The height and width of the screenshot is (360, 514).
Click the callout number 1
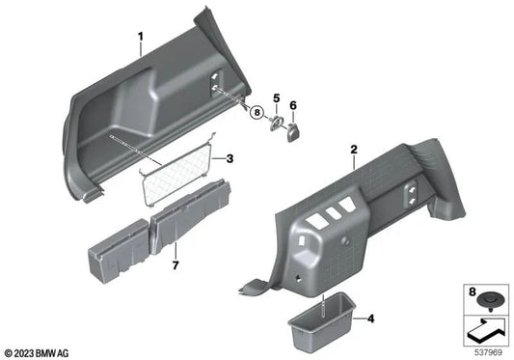[140, 40]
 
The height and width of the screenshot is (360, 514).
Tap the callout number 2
[354, 150]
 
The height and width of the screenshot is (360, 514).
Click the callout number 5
[275, 97]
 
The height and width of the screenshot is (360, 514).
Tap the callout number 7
[176, 263]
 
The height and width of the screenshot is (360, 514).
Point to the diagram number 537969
[491, 351]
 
